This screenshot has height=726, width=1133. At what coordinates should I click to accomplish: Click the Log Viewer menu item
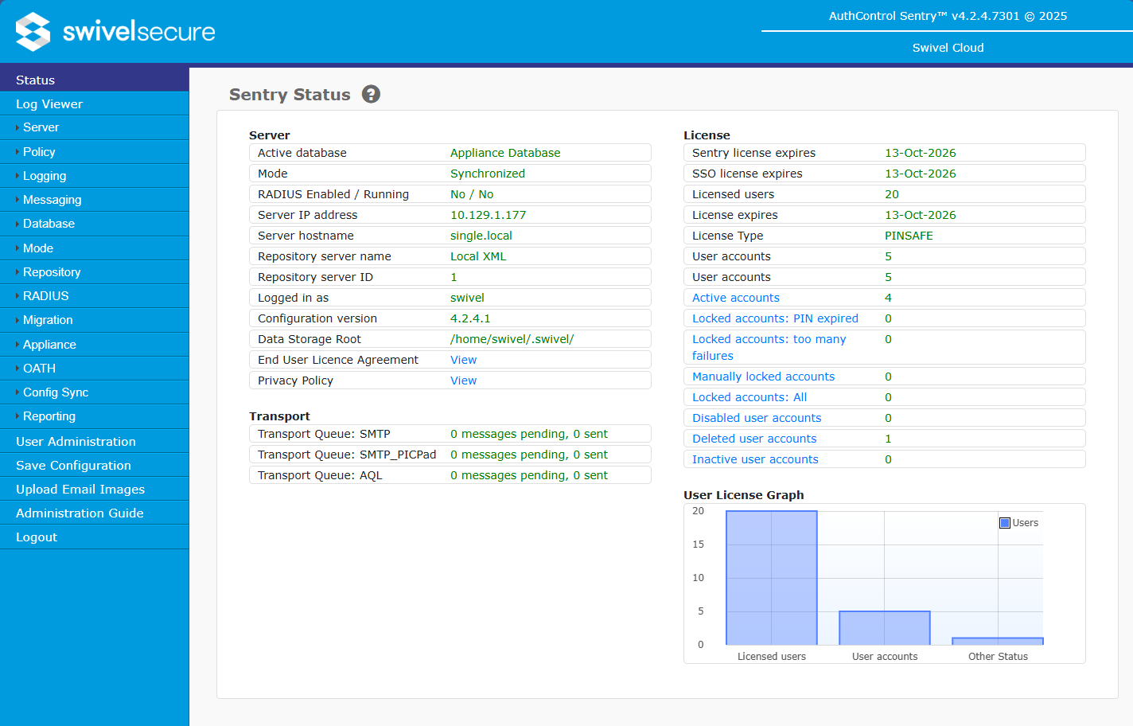click(x=49, y=104)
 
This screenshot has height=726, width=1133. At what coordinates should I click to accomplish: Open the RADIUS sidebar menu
click(x=46, y=296)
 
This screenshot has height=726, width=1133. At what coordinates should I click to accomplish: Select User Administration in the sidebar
click(x=76, y=442)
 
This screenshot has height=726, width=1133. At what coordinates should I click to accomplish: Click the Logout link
click(x=37, y=537)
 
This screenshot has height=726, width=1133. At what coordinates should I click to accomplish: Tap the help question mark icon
click(x=371, y=95)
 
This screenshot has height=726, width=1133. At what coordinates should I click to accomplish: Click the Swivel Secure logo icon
click(x=33, y=32)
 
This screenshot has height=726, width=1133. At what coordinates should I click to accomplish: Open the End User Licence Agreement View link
click(x=463, y=360)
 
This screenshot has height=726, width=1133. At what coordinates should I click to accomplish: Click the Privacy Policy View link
click(x=463, y=381)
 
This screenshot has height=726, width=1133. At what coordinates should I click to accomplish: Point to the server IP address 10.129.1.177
click(x=488, y=215)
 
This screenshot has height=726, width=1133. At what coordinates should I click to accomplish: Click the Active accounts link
click(x=735, y=298)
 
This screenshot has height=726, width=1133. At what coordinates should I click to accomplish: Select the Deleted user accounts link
click(x=753, y=439)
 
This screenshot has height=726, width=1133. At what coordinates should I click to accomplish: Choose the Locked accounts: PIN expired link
click(x=774, y=318)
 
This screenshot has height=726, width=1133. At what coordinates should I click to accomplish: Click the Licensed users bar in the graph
click(x=771, y=578)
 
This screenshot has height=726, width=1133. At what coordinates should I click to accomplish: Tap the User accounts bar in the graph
click(x=884, y=628)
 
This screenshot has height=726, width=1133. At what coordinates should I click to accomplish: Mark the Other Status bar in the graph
click(x=997, y=641)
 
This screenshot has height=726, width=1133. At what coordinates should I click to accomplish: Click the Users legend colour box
click(x=1005, y=523)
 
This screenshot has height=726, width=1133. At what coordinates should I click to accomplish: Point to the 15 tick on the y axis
click(x=698, y=544)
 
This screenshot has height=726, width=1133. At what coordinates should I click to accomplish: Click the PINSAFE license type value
click(x=909, y=236)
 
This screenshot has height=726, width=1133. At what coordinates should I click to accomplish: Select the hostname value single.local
click(x=481, y=236)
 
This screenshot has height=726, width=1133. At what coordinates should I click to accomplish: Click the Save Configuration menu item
click(x=73, y=466)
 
